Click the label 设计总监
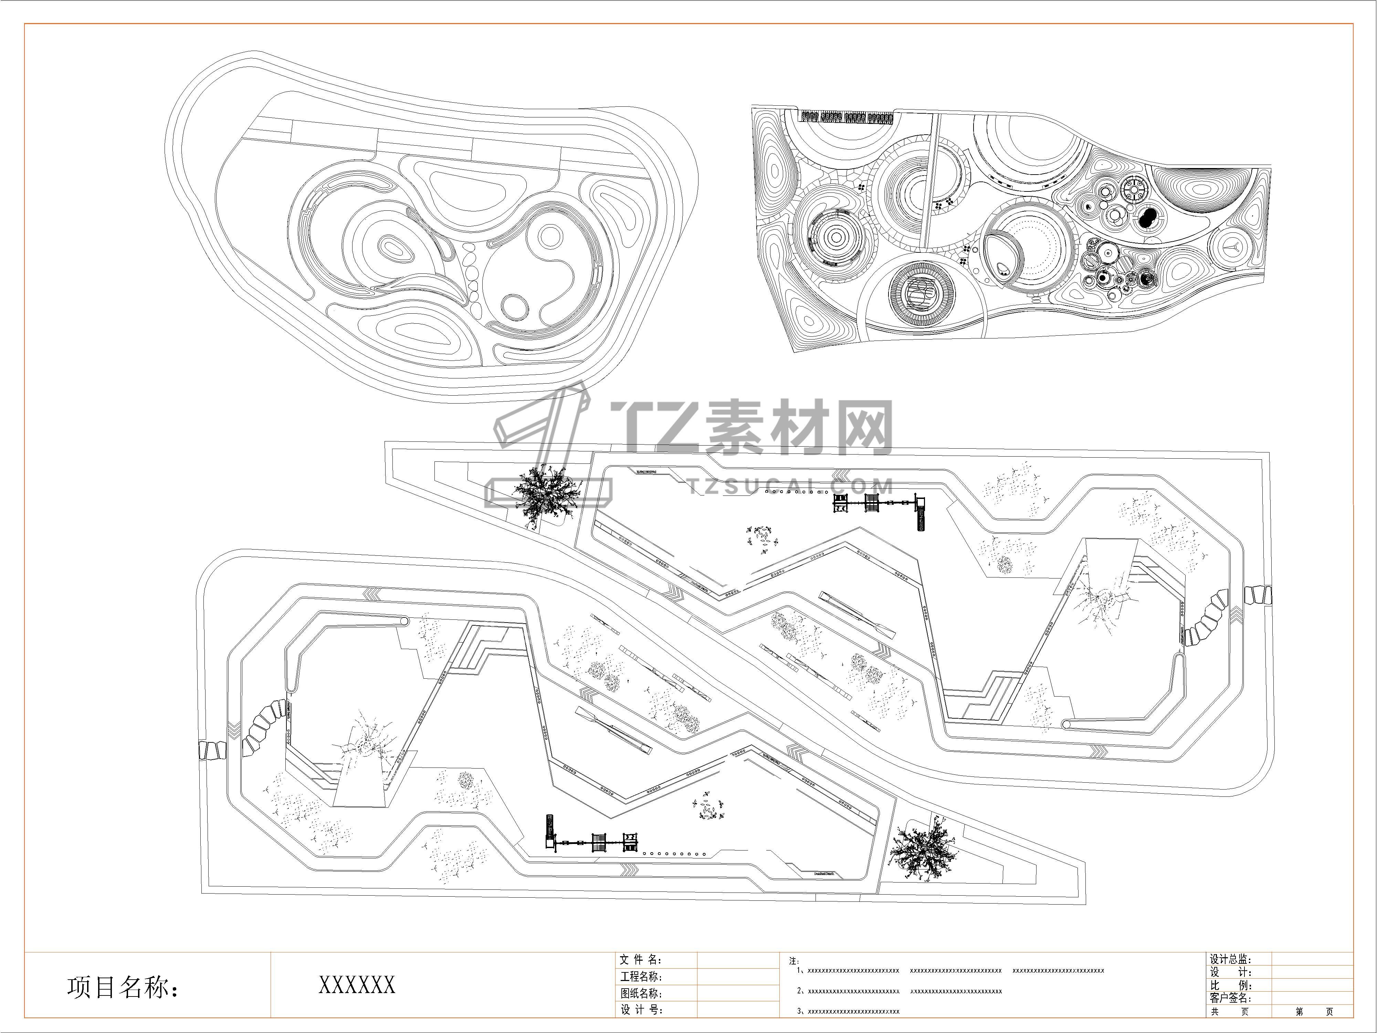1230,960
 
